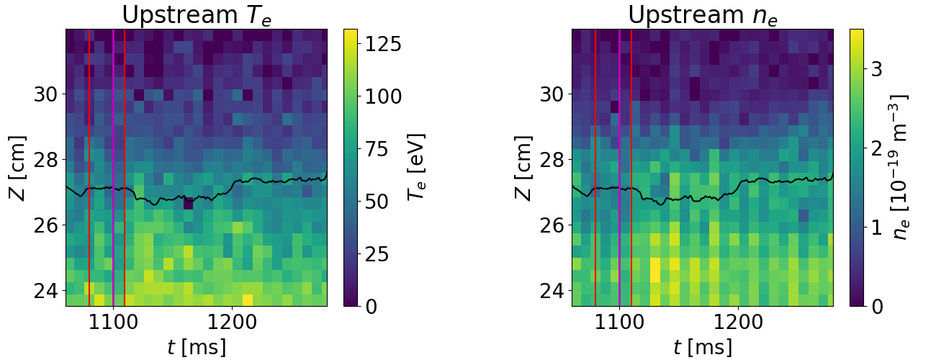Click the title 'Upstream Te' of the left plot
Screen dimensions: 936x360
[x=197, y=16]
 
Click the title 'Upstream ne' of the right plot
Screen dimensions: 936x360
[x=703, y=16]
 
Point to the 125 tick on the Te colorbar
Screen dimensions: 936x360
[x=383, y=44]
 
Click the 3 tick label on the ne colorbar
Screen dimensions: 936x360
[x=877, y=69]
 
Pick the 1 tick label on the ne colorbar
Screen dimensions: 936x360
[x=877, y=228]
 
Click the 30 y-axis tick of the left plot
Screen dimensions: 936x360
[x=45, y=94]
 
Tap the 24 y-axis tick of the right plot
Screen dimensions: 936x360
[x=552, y=291]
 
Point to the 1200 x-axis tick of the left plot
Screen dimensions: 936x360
[x=233, y=323]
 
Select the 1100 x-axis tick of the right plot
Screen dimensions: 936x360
[x=619, y=323]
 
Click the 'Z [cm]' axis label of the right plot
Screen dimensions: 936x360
[x=523, y=168]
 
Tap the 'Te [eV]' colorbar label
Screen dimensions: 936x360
[x=417, y=167]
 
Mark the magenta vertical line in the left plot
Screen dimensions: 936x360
[x=113, y=168]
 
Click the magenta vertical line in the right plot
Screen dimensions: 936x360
[x=619, y=168]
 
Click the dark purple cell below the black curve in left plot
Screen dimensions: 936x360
[x=189, y=203]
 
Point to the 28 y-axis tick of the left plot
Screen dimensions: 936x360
[x=45, y=160]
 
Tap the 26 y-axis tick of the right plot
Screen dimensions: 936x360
[x=552, y=225]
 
